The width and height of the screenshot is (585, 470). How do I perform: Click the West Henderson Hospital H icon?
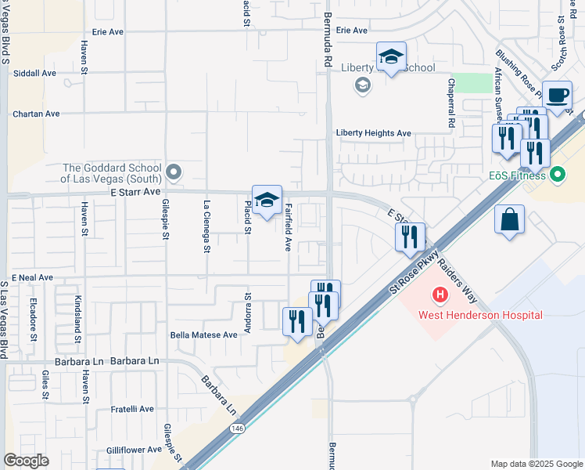pos(440,296)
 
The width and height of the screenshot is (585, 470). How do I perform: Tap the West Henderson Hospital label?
pos(480,316)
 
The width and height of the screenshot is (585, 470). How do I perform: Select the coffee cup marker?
pos(557,96)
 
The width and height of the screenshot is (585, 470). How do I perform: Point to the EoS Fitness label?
pos(517,175)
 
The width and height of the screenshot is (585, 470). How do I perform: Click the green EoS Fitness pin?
pos(557,174)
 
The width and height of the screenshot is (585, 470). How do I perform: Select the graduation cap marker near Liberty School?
pos(391,57)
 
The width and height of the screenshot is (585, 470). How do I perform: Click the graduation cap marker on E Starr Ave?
pos(267,201)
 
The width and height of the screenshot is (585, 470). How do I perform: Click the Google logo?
pos(26,461)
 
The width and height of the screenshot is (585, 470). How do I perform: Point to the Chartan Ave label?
pos(36,114)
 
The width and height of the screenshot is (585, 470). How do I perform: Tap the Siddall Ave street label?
pos(35,73)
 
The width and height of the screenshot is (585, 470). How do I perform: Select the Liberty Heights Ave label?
pos(374,133)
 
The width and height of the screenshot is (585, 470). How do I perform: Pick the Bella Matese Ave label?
pos(203,334)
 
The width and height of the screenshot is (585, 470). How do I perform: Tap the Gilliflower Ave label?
pos(134,450)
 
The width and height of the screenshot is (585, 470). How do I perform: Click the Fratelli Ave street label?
pos(131,409)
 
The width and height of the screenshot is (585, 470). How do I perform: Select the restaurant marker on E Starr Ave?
pos(410,238)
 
